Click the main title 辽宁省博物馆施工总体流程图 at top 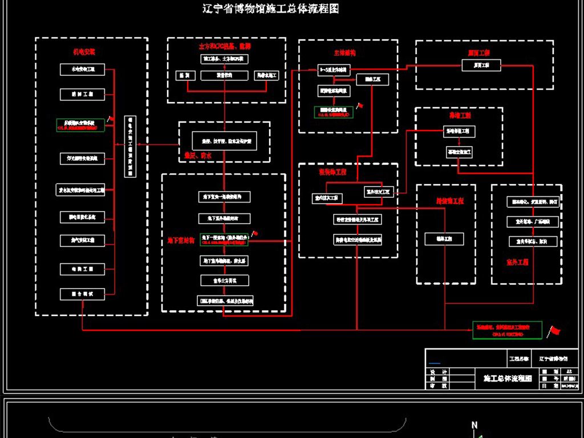pos(271,9)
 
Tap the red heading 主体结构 pos(344,52)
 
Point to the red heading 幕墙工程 pos(459,115)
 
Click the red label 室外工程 pos(517,262)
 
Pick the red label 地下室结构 pos(181,240)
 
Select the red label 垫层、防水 pos(197,155)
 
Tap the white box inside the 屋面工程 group pos(481,66)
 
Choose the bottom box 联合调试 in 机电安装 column pos(83,294)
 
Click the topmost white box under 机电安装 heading pos(83,70)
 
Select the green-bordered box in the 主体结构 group pos(333,112)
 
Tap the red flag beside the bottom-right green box pos(554,331)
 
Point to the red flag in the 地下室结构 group pos(255,233)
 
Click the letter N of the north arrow pos(474,425)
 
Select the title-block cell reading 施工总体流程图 pos(507,378)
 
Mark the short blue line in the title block pos(435,363)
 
